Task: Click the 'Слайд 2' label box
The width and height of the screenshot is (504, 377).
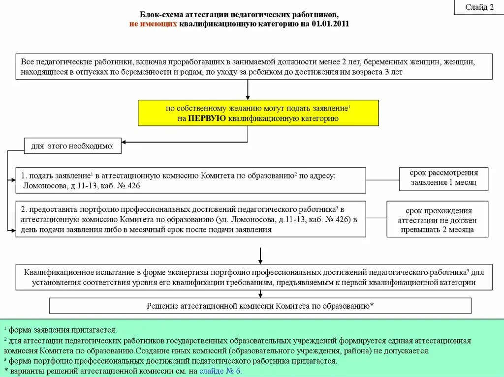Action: tap(479, 7)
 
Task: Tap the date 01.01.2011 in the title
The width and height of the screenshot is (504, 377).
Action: tap(330, 24)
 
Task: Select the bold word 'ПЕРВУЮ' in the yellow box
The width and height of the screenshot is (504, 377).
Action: tap(207, 118)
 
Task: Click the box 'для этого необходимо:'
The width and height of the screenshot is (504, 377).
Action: tap(72, 145)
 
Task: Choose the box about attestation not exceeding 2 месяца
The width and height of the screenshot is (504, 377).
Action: tap(437, 219)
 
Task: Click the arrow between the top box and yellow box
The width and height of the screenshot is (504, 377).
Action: tap(248, 89)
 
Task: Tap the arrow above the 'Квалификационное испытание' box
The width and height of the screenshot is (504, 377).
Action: tap(260, 256)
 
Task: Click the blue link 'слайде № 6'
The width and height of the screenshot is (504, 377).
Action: tap(220, 371)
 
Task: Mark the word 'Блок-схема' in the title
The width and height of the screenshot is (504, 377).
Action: tap(157, 15)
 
